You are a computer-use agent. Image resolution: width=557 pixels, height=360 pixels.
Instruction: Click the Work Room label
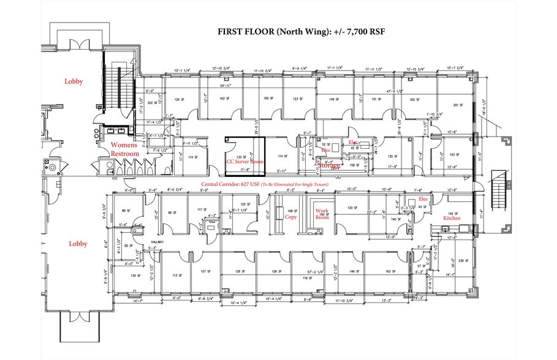click(321, 214)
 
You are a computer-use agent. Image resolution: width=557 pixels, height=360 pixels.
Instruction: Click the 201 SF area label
click(456, 105)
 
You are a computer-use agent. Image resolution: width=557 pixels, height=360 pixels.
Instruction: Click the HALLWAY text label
click(159, 242)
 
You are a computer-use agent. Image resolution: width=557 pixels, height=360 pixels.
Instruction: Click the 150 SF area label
click(267, 99)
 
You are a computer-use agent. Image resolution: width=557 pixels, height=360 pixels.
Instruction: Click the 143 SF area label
click(453, 155)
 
